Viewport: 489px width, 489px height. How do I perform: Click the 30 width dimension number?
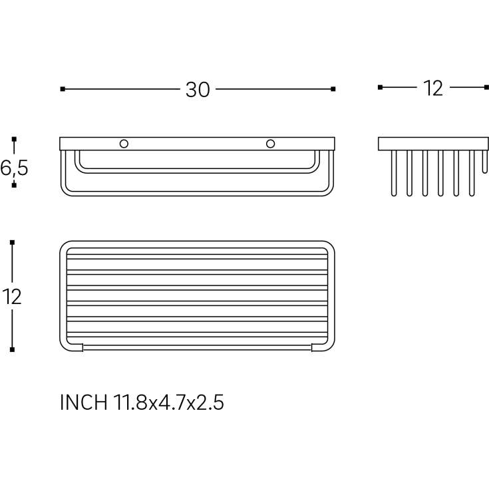click(x=198, y=90)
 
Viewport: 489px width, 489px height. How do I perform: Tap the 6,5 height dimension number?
click(x=14, y=168)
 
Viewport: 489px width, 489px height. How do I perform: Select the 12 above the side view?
click(x=433, y=88)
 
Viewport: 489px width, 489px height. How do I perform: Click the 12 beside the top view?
click(x=12, y=297)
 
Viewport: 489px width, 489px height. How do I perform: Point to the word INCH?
click(x=84, y=403)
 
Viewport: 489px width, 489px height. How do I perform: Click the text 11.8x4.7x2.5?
click(x=168, y=403)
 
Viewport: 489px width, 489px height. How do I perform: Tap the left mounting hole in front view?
click(x=124, y=144)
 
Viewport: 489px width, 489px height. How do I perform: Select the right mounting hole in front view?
click(x=270, y=144)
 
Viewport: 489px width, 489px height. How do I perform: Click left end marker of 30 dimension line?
click(x=63, y=89)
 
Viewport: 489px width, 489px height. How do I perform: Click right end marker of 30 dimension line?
click(x=333, y=89)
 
